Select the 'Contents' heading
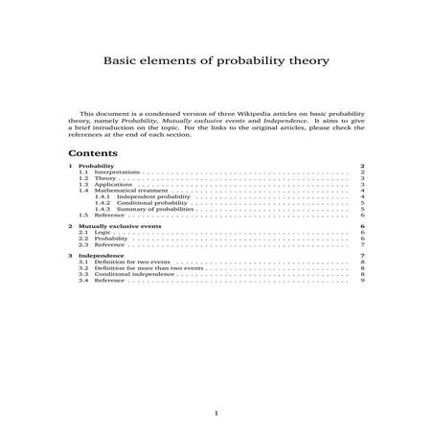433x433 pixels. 93,153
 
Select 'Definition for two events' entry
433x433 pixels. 127,262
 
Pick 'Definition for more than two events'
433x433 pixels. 142,268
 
